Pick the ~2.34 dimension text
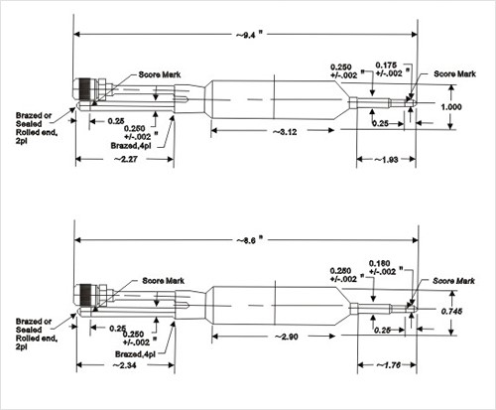click(x=124, y=366)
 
